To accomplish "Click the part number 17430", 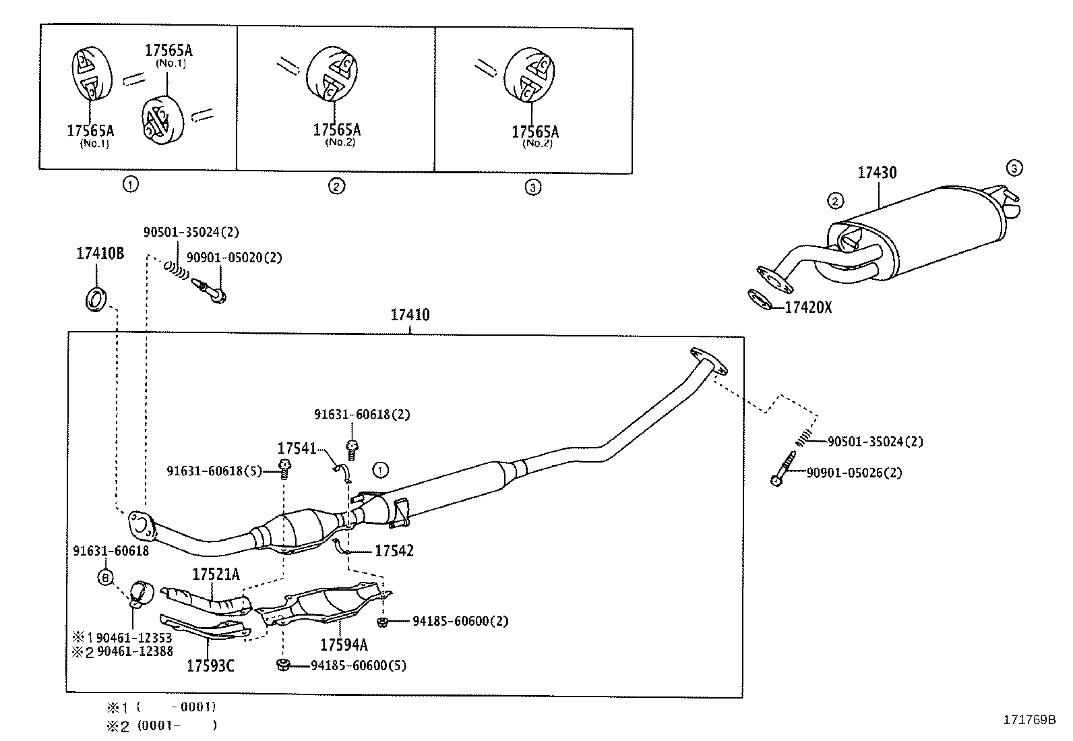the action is (x=877, y=173).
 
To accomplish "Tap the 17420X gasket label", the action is (x=808, y=307).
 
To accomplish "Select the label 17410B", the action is (x=100, y=253).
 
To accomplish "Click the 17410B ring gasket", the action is (x=96, y=299).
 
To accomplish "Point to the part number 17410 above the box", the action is (x=410, y=315).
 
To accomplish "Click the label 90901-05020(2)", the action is (x=235, y=258).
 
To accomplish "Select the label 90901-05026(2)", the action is (x=854, y=473).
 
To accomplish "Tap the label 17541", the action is (x=297, y=448).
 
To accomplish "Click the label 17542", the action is (x=394, y=551).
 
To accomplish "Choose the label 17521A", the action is (x=216, y=574).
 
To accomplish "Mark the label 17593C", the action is (x=211, y=665).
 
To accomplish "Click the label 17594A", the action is (x=344, y=645).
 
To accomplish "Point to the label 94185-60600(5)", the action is (x=359, y=665).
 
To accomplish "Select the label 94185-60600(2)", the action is (x=460, y=621).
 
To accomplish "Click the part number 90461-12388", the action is (x=135, y=651).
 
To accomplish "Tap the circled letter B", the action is (x=105, y=578).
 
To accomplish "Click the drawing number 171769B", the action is (x=1029, y=720).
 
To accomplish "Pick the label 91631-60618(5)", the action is (x=214, y=471).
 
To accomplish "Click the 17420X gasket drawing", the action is (x=760, y=299).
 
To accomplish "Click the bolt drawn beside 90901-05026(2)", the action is (x=783, y=469).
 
